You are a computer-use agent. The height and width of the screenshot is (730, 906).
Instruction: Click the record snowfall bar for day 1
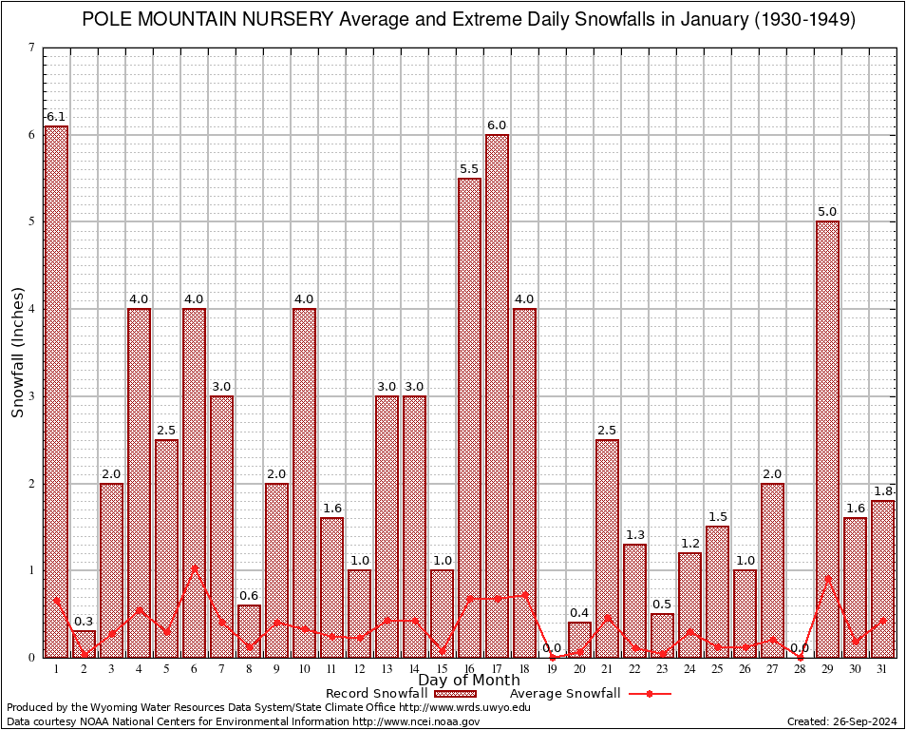56,390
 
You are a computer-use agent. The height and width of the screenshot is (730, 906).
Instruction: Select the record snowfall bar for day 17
497,394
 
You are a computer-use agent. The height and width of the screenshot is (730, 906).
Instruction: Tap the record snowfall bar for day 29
827,437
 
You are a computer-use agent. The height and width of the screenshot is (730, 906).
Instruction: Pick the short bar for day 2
84,644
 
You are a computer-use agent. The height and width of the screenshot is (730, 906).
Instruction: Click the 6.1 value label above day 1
56,117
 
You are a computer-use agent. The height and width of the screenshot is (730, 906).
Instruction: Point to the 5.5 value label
469,169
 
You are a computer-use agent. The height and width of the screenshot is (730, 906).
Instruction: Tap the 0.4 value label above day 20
579,612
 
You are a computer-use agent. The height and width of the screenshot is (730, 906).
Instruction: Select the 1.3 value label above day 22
634,534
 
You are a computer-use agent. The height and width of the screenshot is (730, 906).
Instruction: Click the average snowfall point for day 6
194,568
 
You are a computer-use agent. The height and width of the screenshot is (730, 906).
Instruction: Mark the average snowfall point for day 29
827,578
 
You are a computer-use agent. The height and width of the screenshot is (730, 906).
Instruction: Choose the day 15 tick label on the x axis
442,669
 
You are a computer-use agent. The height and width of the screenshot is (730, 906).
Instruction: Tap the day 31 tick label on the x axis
882,669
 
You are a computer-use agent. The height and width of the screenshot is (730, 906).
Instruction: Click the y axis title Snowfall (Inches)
17,352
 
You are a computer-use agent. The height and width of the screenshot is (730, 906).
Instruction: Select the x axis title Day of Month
469,681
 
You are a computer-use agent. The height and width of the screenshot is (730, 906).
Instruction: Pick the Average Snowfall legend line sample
647,694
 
